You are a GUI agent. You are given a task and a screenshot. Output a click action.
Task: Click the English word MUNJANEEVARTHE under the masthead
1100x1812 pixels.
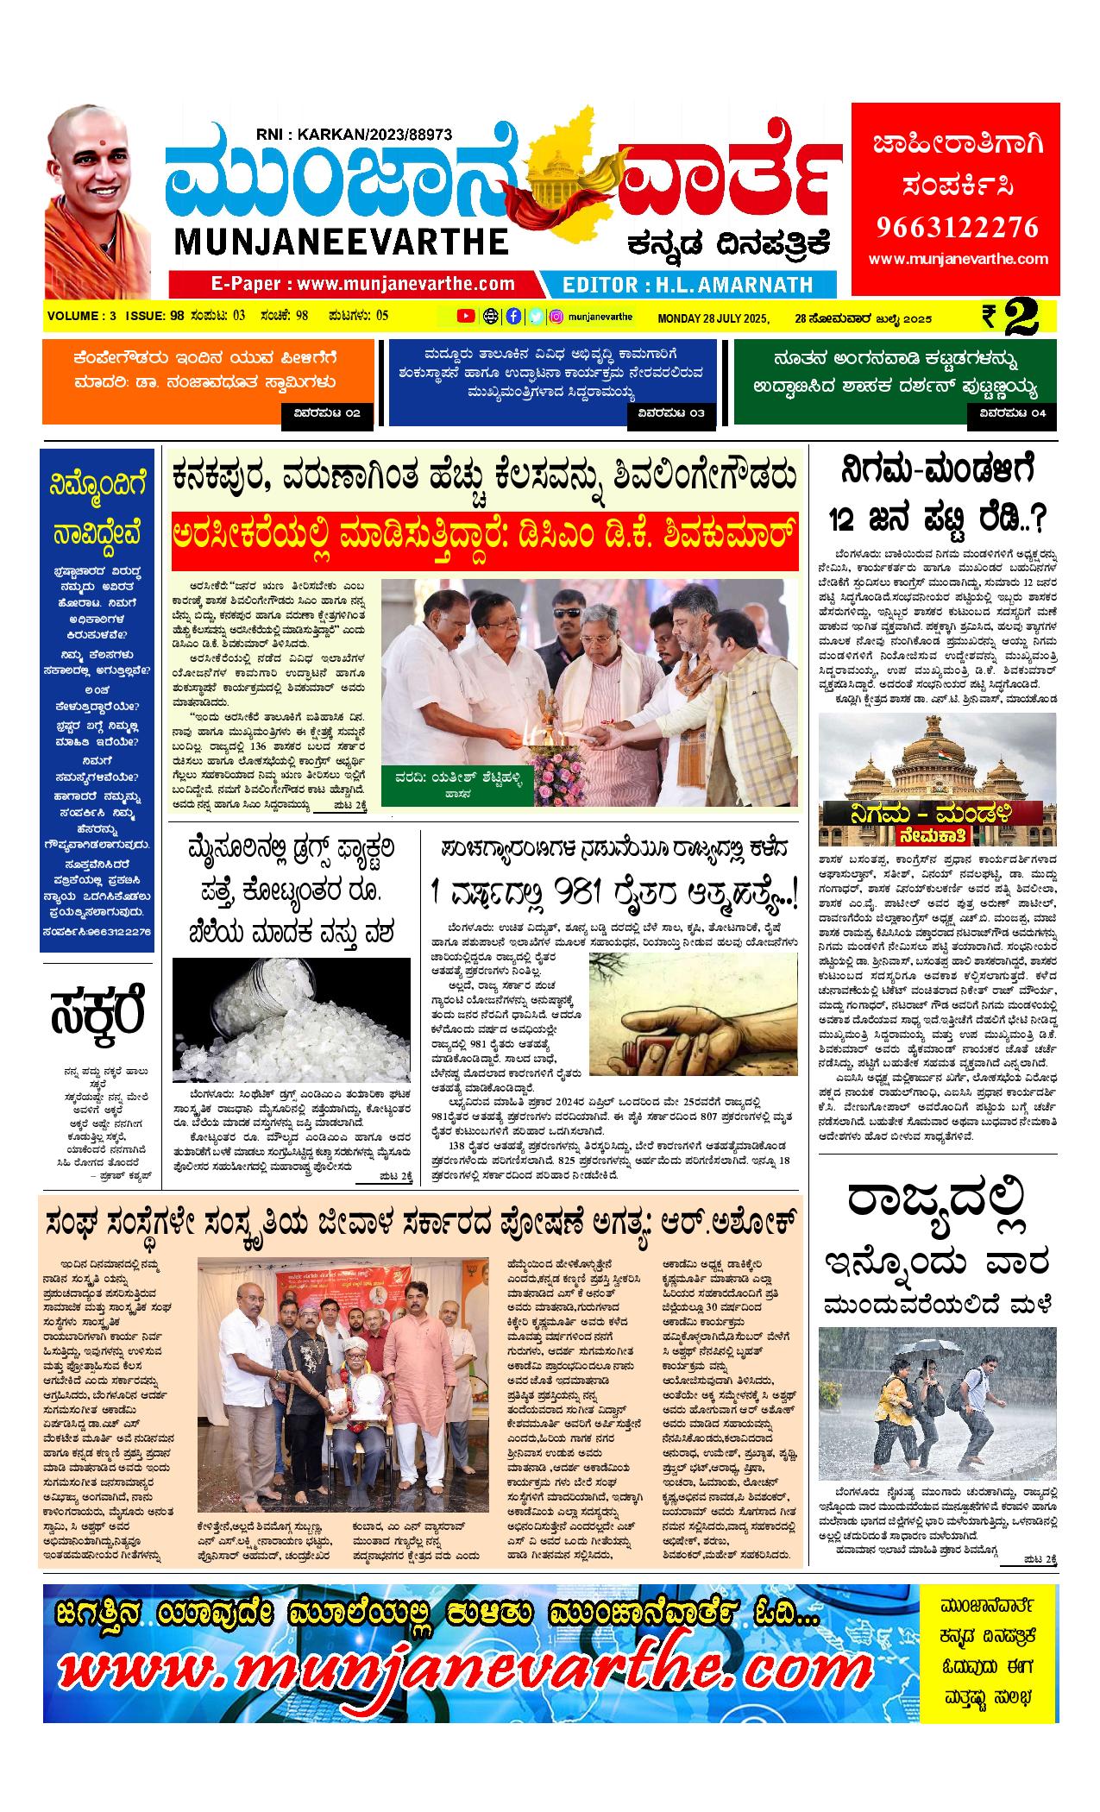point(342,242)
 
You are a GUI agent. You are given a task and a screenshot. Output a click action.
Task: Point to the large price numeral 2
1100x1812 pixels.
point(1032,317)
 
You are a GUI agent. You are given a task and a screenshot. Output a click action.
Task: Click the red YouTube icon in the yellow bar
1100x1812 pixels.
point(465,317)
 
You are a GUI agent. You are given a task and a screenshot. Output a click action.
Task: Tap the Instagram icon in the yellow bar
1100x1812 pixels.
point(557,317)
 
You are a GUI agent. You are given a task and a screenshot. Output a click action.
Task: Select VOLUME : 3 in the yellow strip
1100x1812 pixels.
point(82,316)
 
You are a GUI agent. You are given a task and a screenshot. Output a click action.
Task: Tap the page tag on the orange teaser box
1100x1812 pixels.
point(327,414)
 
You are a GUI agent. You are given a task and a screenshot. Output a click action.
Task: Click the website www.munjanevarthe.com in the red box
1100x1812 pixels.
point(959,259)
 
